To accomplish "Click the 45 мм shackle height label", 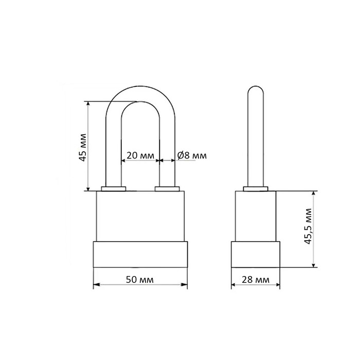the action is (83, 148).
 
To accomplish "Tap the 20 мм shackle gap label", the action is (140, 156).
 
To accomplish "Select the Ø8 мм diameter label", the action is (192, 156).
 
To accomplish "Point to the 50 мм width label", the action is (139, 280).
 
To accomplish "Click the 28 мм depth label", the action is (256, 280).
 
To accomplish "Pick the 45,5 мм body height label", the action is (308, 226).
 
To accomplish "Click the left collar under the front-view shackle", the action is (114, 189).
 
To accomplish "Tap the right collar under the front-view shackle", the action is (167, 189).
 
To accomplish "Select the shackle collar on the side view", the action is (256, 189).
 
